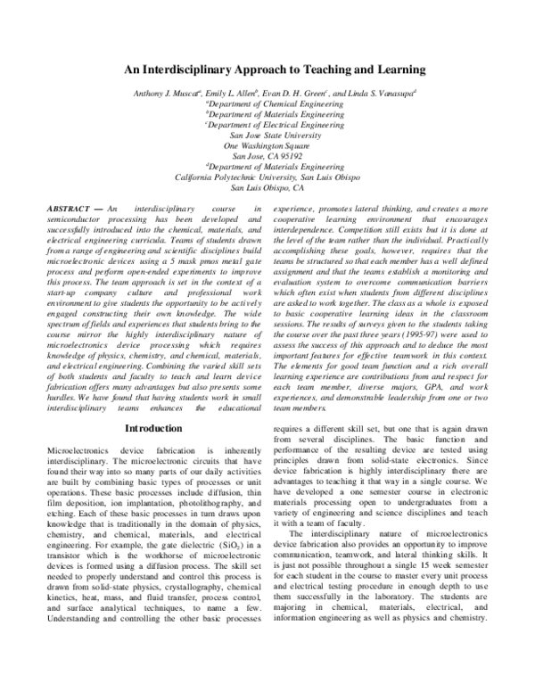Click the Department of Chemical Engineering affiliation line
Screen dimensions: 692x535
(267, 103)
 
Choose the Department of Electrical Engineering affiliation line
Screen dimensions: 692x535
(267, 126)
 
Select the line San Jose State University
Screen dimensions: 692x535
(267, 136)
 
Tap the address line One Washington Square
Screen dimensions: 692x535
(267, 145)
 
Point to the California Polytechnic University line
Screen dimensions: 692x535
(267, 177)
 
